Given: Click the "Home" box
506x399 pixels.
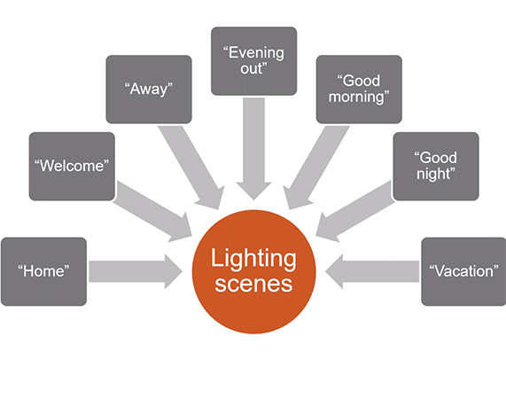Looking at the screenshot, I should pos(43,271).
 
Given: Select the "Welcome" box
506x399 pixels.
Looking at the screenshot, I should pos(72,166).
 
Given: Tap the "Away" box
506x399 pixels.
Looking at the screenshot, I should pos(148,89).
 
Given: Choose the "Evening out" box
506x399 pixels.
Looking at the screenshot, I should pos(253,60).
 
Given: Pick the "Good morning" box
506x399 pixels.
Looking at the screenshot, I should pos(359,89).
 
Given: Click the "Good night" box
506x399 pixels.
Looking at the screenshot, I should pos(435,166).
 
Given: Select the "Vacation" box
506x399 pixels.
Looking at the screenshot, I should pos(463,271).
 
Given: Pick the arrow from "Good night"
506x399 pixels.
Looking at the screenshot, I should pos(354,209).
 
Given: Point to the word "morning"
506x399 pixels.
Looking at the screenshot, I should pos(359,97).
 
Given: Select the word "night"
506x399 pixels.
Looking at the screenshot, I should pos(435,174).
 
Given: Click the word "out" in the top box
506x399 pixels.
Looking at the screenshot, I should pos(253,68).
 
